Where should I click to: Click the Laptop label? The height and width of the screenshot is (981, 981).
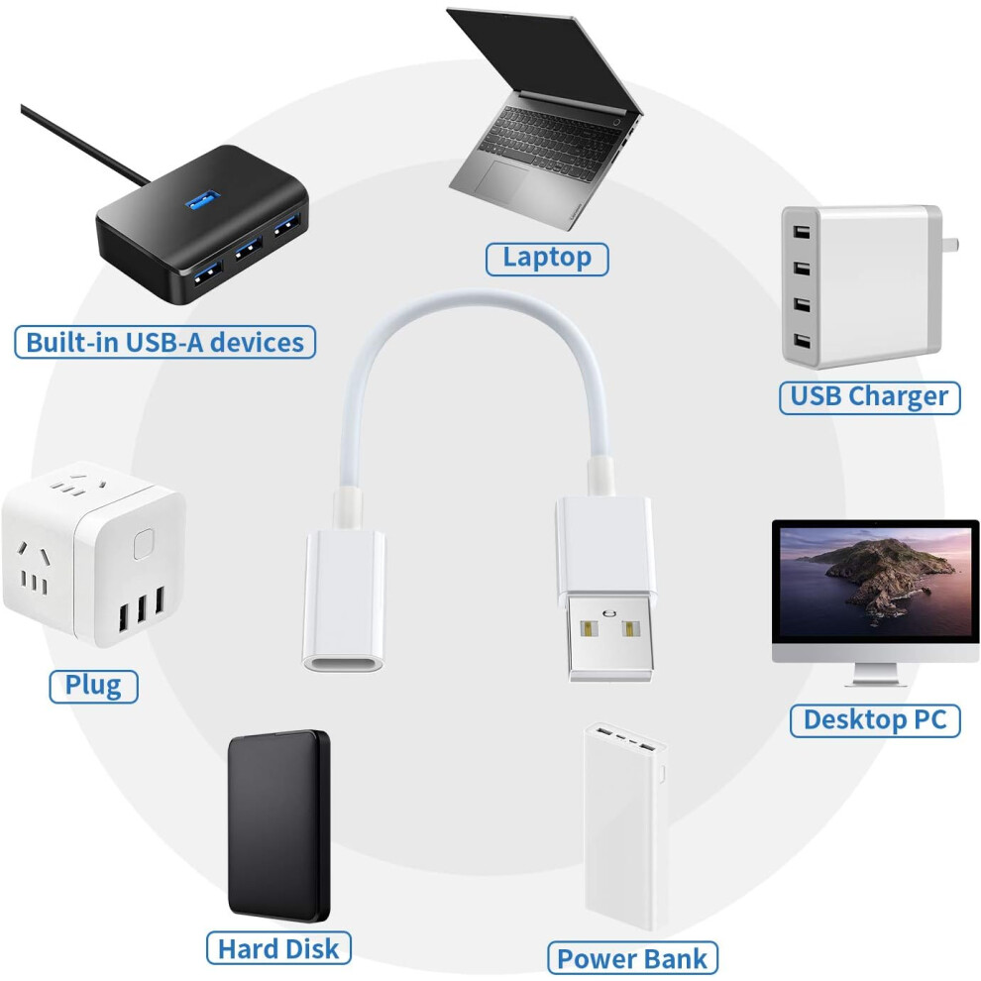(547, 259)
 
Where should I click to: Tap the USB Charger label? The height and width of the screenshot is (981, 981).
(869, 397)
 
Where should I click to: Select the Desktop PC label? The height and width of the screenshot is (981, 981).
(875, 720)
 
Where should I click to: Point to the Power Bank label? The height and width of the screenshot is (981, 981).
(632, 958)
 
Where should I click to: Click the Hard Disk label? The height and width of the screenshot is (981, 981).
(278, 948)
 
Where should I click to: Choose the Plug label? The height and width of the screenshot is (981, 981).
(93, 686)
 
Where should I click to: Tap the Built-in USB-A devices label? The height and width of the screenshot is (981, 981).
(164, 342)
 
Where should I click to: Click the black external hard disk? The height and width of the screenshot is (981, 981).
(279, 825)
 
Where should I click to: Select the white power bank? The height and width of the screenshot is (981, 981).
(625, 825)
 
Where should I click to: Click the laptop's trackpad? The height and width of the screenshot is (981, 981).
(501, 178)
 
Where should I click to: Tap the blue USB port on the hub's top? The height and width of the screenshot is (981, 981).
(202, 200)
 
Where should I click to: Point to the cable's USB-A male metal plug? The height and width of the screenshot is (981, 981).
(610, 637)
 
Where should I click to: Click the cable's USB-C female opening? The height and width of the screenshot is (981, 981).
(343, 663)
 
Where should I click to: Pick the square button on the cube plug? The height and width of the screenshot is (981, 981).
(144, 544)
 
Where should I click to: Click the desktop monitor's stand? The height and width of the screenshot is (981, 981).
(875, 675)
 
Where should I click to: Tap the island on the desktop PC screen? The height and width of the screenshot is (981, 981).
(889, 576)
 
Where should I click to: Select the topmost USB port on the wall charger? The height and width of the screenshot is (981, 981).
(802, 232)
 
